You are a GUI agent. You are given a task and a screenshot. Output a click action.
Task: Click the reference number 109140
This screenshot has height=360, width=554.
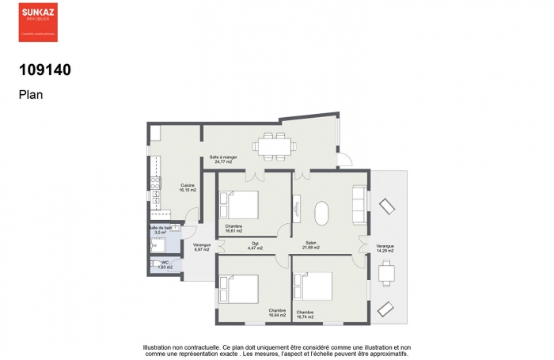[44, 70]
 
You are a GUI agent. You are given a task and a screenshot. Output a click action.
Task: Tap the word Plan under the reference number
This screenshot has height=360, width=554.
[30, 94]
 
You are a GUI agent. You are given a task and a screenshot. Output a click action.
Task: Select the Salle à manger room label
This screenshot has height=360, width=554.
[222, 159]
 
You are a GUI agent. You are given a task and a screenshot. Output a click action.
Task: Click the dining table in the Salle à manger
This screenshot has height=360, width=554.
[274, 146]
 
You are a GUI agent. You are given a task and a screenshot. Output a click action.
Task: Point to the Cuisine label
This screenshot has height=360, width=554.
[187, 188]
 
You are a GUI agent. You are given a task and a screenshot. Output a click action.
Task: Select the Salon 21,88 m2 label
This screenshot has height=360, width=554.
[309, 245]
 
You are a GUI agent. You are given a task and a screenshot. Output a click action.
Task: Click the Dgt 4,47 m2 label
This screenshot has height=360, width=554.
[254, 245]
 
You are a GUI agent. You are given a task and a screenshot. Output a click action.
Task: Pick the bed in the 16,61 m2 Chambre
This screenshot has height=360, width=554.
[241, 206]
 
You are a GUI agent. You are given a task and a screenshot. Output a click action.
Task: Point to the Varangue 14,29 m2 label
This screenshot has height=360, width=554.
[385, 248]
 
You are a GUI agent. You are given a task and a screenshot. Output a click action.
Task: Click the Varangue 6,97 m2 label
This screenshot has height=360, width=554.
[202, 247]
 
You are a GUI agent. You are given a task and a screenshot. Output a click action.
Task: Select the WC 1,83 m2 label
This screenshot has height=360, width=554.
[165, 265]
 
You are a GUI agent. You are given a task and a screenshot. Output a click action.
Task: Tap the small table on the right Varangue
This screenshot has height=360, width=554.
[386, 273]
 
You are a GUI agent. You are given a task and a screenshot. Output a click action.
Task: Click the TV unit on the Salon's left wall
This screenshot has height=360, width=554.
[297, 209]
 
